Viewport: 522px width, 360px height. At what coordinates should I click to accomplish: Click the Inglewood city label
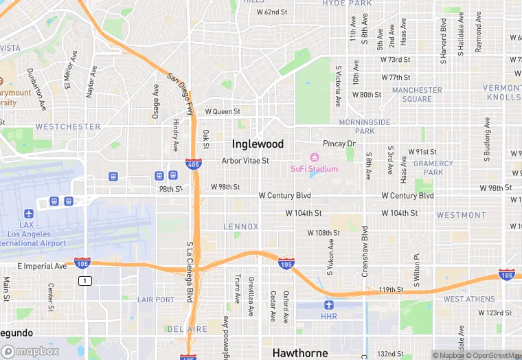tap(258, 144)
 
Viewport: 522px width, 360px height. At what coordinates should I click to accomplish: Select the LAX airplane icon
tap(28, 214)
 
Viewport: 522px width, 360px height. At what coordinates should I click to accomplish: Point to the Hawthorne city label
tap(299, 352)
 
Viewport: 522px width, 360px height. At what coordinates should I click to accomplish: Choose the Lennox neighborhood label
tap(241, 226)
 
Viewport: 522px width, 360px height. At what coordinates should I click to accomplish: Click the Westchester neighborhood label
tap(68, 127)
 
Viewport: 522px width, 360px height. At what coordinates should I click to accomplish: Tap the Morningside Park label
tap(365, 126)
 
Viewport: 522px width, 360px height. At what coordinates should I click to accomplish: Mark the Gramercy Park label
tap(433, 168)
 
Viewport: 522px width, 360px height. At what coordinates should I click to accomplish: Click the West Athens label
tap(468, 299)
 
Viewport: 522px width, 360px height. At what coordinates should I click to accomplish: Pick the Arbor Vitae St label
tap(245, 161)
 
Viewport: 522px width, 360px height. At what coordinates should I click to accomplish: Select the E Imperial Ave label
tap(42, 266)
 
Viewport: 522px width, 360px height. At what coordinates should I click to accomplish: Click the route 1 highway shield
tap(84, 280)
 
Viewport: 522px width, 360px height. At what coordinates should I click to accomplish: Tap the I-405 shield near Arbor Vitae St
tap(193, 164)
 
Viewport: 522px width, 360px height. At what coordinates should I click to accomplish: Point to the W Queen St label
tap(223, 111)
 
